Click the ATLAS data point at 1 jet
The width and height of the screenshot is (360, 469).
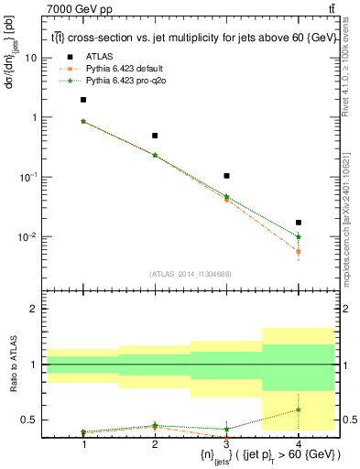pyautogui.click(x=83, y=100)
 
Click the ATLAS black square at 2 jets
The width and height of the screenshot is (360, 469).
pyautogui.click(x=155, y=136)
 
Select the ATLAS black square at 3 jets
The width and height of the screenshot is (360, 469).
pyautogui.click(x=226, y=175)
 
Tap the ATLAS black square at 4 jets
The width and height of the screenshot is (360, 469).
pyautogui.click(x=298, y=223)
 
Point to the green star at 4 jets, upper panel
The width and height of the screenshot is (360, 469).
pyautogui.click(x=298, y=236)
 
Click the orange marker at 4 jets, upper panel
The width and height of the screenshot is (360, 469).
pyautogui.click(x=298, y=251)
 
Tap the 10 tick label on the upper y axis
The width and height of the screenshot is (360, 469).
pyautogui.click(x=30, y=58)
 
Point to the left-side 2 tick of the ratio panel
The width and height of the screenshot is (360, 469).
pyautogui.click(x=34, y=310)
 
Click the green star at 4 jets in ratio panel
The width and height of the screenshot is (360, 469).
pyautogui.click(x=298, y=409)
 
